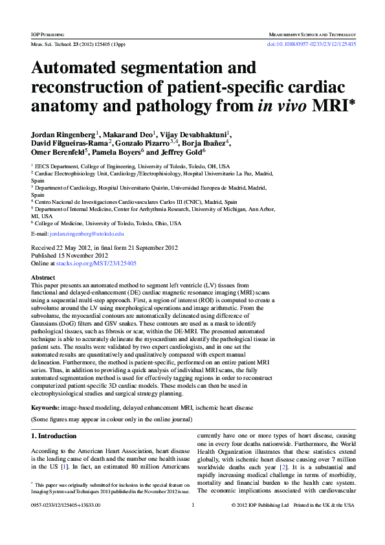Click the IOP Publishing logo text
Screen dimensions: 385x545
click(47, 33)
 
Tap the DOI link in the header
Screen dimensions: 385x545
click(311, 45)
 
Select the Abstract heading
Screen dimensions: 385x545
click(43, 277)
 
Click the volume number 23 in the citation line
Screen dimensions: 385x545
click(76, 45)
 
